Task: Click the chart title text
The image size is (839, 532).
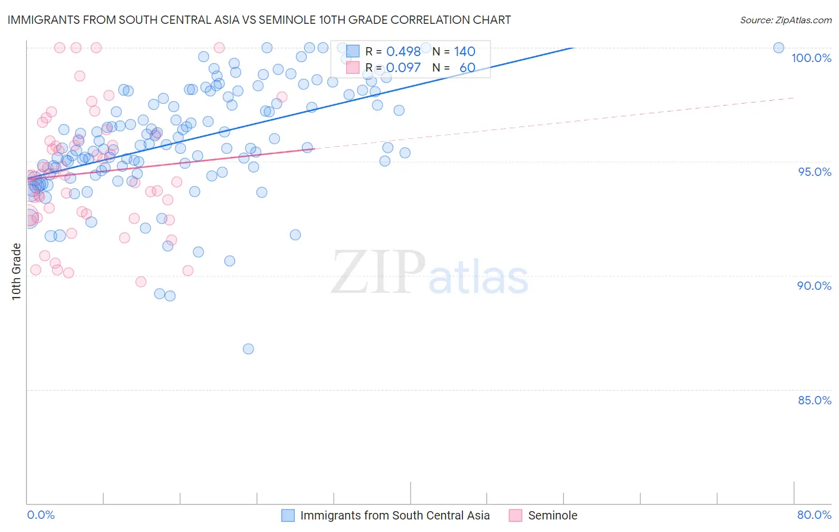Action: pyautogui.click(x=259, y=20)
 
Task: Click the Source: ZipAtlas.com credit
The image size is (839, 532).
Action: pyautogui.click(x=785, y=20)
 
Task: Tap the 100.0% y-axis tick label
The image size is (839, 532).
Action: pyautogui.click(x=811, y=58)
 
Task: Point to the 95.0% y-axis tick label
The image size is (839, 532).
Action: pyautogui.click(x=815, y=172)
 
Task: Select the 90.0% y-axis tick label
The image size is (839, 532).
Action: pyautogui.click(x=815, y=286)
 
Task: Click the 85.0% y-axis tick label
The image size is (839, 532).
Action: pyautogui.click(x=815, y=400)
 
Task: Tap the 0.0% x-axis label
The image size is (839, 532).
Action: pyautogui.click(x=41, y=515)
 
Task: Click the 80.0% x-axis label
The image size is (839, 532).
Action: pyautogui.click(x=814, y=515)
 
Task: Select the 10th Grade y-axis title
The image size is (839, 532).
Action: pyautogui.click(x=17, y=271)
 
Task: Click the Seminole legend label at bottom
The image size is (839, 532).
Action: pyautogui.click(x=553, y=515)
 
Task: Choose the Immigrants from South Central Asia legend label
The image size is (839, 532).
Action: pyautogui.click(x=394, y=515)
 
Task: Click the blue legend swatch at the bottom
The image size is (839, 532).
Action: pyautogui.click(x=288, y=515)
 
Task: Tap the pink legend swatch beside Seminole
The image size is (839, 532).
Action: pyautogui.click(x=516, y=515)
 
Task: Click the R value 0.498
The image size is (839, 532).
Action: pyautogui.click(x=403, y=52)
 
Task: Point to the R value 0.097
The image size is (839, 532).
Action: pyautogui.click(x=403, y=68)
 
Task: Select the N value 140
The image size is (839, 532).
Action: pyautogui.click(x=464, y=52)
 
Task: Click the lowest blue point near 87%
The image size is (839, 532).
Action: pyautogui.click(x=248, y=349)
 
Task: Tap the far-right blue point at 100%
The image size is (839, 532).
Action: pyautogui.click(x=779, y=48)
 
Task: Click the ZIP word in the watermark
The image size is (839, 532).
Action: pyautogui.click(x=378, y=272)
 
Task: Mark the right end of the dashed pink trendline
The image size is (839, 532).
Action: pyautogui.click(x=794, y=97)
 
